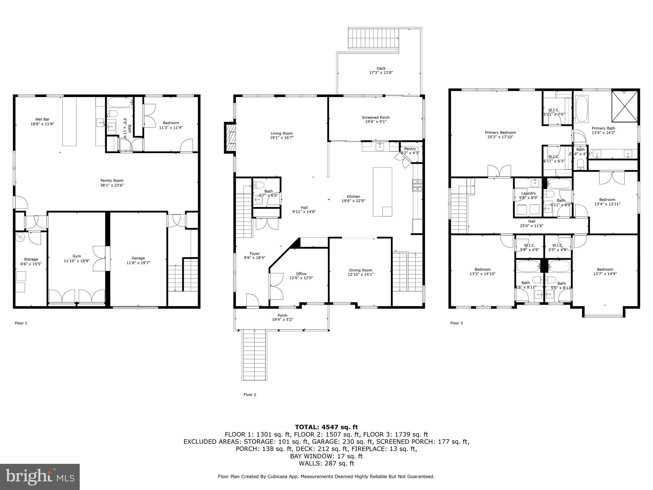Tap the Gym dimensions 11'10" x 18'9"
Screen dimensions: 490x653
[x=77, y=261]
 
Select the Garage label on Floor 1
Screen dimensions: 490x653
[x=138, y=258]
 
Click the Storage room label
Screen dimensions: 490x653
[x=31, y=259]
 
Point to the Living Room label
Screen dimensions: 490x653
[x=282, y=133]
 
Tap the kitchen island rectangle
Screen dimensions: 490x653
[x=382, y=192]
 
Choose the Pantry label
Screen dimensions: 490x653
[x=410, y=149]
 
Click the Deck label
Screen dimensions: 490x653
[x=381, y=68]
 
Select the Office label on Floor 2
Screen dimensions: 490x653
[x=301, y=274]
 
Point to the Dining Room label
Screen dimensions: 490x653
[x=360, y=270]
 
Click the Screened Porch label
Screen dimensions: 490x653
[x=376, y=117]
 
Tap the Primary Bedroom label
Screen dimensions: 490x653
[x=500, y=132]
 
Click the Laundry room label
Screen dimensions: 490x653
[x=528, y=193]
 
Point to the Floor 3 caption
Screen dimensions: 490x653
[x=456, y=323]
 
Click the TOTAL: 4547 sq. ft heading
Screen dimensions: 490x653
[x=326, y=427]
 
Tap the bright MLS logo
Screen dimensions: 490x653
[x=40, y=477]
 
